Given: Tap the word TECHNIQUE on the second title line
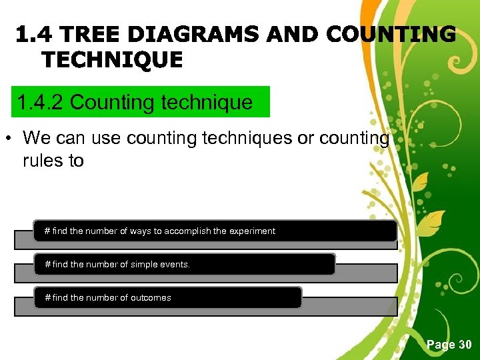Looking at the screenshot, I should coord(112,60).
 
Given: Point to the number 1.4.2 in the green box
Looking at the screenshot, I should coord(41,103).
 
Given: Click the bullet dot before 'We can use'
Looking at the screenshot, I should coord(9,139).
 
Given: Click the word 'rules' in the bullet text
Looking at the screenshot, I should coord(41,161).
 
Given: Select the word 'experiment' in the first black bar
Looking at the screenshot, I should coord(252,231).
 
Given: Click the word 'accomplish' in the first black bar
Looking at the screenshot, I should coord(187,231).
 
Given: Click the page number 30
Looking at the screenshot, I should coord(464,345).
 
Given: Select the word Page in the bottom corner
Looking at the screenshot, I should coord(441,345).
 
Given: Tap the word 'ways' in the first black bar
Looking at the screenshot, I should coord(141,231).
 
